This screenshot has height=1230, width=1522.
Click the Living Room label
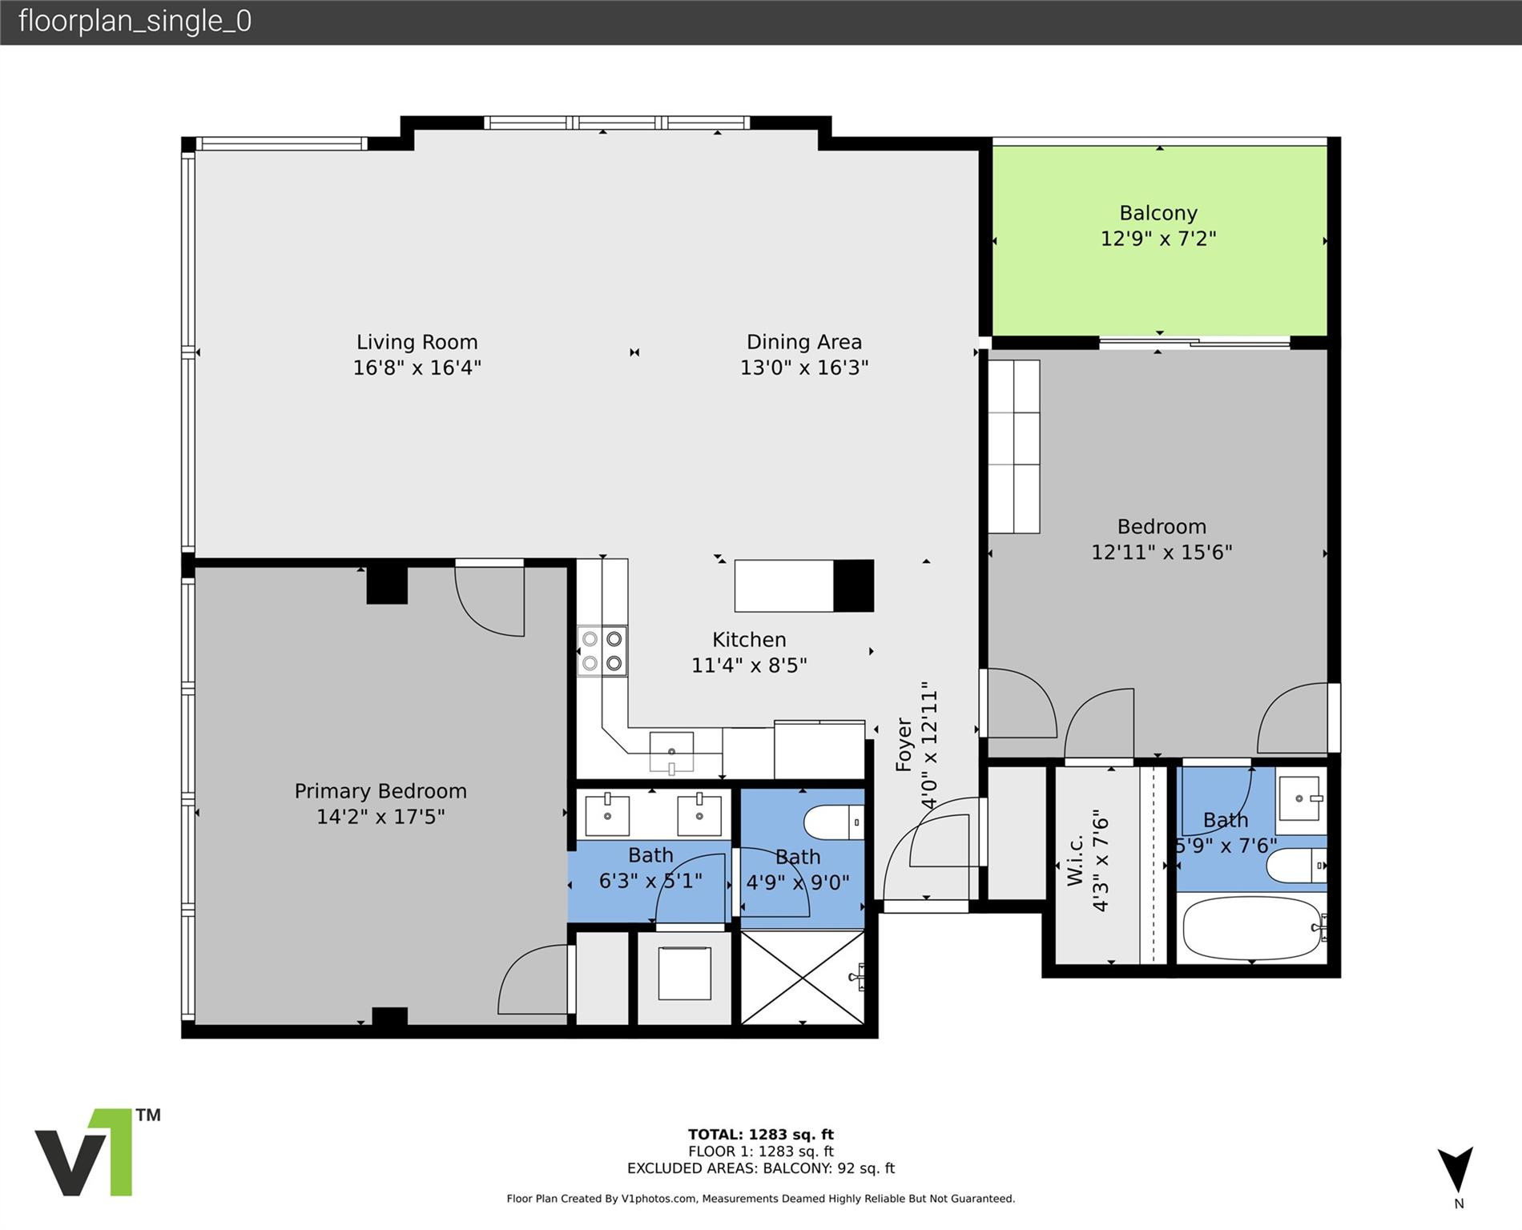[x=417, y=342]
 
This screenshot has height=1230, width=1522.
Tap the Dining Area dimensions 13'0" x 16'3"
[x=803, y=368]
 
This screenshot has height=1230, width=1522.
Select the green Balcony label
[x=1158, y=213]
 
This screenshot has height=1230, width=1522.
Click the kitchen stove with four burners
[x=602, y=650]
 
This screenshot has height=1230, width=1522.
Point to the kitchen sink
[x=671, y=751]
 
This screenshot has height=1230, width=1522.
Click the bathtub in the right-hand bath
[x=1251, y=928]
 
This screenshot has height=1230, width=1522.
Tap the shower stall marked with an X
[x=802, y=977]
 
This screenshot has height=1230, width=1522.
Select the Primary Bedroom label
[x=380, y=791]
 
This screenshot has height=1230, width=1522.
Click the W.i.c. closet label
[x=1075, y=861]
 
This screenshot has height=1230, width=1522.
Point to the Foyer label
[x=904, y=745]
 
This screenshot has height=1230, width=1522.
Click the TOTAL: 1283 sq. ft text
[x=760, y=1134]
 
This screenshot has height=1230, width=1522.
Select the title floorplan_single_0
[x=135, y=21]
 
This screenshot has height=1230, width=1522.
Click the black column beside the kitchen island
[x=853, y=585]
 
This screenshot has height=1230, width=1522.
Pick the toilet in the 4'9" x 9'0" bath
[x=832, y=822]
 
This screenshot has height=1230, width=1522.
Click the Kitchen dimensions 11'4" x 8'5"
[x=748, y=665]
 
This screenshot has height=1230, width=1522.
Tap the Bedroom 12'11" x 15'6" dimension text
[x=1161, y=553]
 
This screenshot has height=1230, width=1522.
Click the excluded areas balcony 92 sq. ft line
[x=760, y=1168]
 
